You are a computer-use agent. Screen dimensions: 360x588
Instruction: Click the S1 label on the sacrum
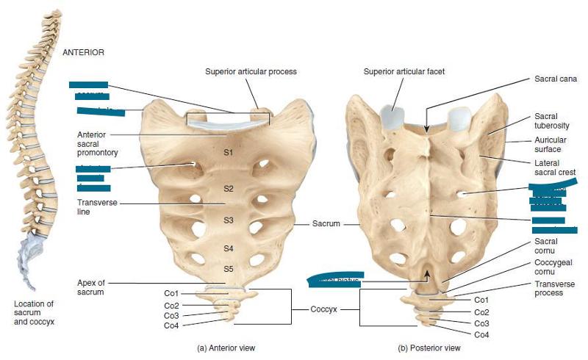[x=228, y=153]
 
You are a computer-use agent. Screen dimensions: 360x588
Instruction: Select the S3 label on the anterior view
[x=228, y=220]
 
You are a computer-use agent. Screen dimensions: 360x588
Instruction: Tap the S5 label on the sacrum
[x=228, y=267]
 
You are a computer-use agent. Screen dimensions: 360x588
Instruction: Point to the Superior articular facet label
[x=404, y=71]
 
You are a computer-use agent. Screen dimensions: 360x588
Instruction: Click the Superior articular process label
[x=251, y=71]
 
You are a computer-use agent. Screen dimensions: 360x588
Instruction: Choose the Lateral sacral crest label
[x=555, y=167]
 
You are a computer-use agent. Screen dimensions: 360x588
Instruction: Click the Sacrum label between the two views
[x=326, y=223]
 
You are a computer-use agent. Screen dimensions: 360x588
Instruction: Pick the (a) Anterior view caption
[x=226, y=348]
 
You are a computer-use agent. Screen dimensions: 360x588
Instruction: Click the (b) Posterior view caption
[x=429, y=348]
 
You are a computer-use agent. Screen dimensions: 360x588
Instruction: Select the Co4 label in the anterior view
[x=171, y=325]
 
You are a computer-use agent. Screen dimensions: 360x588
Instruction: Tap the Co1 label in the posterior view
[x=482, y=300]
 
